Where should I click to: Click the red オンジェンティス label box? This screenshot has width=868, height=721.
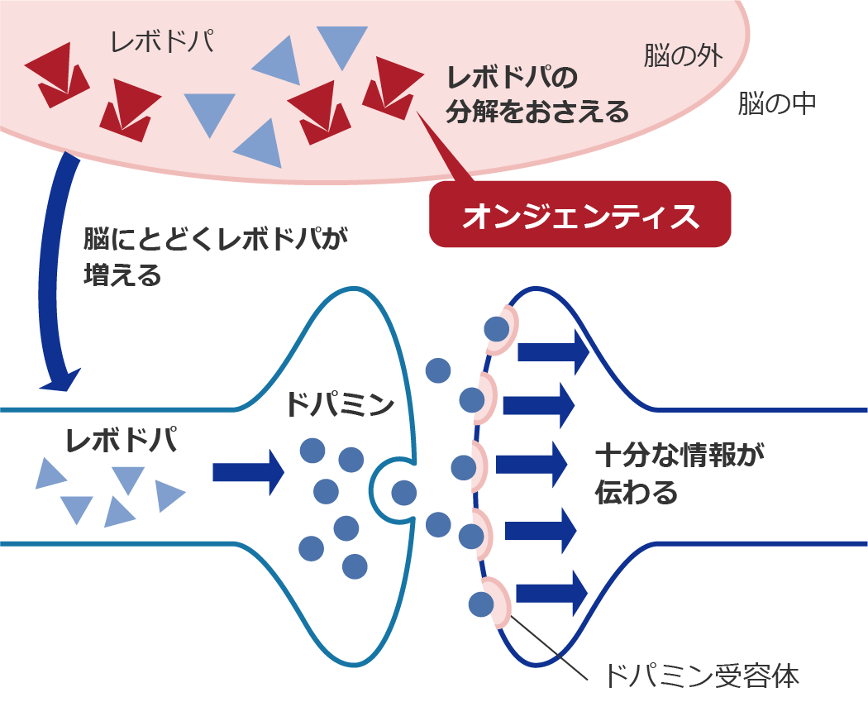580,214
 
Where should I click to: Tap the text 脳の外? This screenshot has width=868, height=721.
683,55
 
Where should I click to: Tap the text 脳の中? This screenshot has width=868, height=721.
777,103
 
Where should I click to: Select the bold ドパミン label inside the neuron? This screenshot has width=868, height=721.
339,403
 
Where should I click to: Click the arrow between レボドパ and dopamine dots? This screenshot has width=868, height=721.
248,472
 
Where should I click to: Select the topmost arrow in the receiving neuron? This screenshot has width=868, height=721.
552,351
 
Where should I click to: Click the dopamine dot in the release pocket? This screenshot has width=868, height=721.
403,493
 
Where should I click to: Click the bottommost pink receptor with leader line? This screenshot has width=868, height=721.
501,599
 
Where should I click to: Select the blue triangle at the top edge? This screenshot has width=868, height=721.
341,45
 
